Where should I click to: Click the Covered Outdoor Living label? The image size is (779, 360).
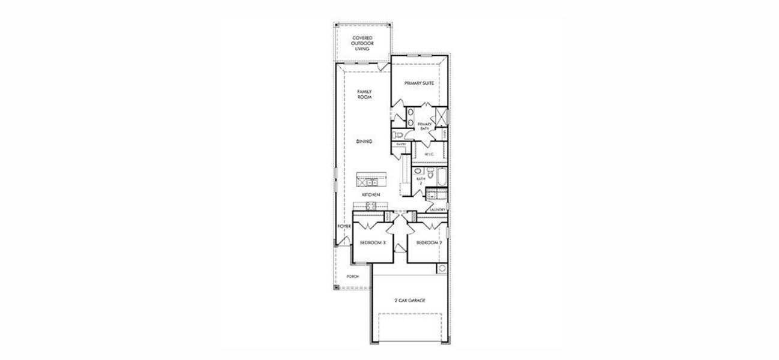point(362,43)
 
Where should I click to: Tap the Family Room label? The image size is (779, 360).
point(365,94)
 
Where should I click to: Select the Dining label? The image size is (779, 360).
point(364,142)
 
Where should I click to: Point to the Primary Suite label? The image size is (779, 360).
point(418,83)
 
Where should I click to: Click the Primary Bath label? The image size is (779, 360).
point(424,126)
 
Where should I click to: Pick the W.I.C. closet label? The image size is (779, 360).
point(429,154)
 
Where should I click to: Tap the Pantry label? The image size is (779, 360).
point(400,144)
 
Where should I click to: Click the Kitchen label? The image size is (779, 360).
point(370,196)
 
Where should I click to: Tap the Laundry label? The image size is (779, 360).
point(437,209)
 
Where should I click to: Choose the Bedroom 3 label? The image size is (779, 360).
point(372,242)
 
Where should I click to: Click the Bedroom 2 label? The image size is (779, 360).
point(429,242)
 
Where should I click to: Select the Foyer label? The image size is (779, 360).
point(343,227)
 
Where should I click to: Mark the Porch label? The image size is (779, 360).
point(353,276)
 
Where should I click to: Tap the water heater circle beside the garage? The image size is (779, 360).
point(442,268)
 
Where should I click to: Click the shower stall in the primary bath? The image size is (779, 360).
point(441,116)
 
